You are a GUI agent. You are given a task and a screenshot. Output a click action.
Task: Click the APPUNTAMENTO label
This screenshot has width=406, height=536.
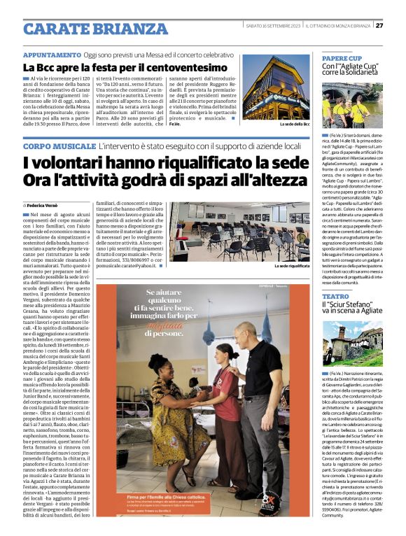click(x=52, y=55)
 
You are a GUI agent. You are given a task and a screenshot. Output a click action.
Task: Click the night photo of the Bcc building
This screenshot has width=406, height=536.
click(x=275, y=87)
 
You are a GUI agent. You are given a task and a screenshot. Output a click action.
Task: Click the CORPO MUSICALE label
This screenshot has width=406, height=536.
click(x=58, y=146)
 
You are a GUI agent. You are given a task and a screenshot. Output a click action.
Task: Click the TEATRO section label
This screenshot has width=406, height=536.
click(x=335, y=296)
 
